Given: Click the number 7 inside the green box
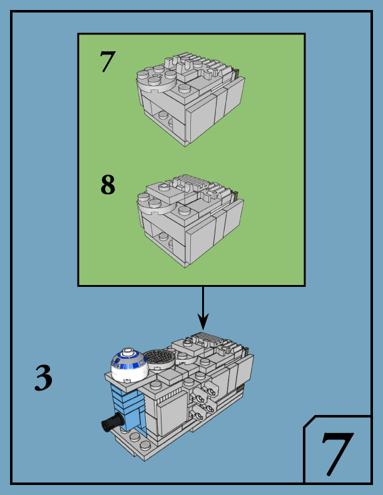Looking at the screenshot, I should (108, 62).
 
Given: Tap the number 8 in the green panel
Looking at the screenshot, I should (108, 185).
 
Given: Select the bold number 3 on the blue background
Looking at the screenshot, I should (43, 379).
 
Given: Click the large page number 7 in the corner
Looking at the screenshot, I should (337, 454).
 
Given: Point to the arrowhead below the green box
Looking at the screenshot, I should (203, 322).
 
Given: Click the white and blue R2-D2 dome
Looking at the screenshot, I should (128, 365).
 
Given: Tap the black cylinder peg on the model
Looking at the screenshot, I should (111, 423).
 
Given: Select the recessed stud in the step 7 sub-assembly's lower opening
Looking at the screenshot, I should (163, 114).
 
